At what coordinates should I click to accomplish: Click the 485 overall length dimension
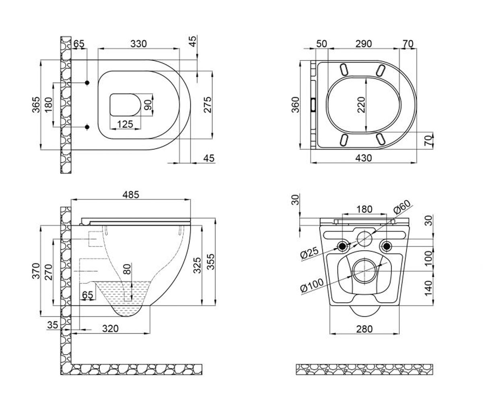pyautogui.click(x=131, y=195)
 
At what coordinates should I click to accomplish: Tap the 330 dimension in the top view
pyautogui.click(x=138, y=44)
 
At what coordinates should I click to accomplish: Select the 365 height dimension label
pyautogui.click(x=36, y=105)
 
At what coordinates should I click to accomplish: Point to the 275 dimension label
pyautogui.click(x=208, y=105)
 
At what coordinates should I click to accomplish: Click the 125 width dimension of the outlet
pyautogui.click(x=125, y=125)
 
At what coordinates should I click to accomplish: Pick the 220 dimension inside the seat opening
pyautogui.click(x=361, y=105)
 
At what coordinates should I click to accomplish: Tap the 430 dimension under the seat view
pyautogui.click(x=363, y=158)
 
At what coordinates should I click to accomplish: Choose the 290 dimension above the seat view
pyautogui.click(x=363, y=44)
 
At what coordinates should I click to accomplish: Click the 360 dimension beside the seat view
pyautogui.click(x=295, y=105)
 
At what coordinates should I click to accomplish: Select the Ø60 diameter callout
pyautogui.click(x=402, y=207)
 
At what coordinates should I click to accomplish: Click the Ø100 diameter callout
pyautogui.click(x=312, y=285)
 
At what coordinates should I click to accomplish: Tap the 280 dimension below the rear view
pyautogui.click(x=364, y=329)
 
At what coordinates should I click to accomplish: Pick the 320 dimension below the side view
pyautogui.click(x=110, y=328)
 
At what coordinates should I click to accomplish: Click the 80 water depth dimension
pyautogui.click(x=127, y=269)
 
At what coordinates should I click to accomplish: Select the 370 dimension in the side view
pyautogui.click(x=36, y=271)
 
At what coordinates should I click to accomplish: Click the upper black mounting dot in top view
pyautogui.click(x=87, y=83)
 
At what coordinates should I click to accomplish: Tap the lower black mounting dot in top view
pyautogui.click(x=87, y=127)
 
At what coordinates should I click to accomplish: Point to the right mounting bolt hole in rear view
pyautogui.click(x=386, y=246)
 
